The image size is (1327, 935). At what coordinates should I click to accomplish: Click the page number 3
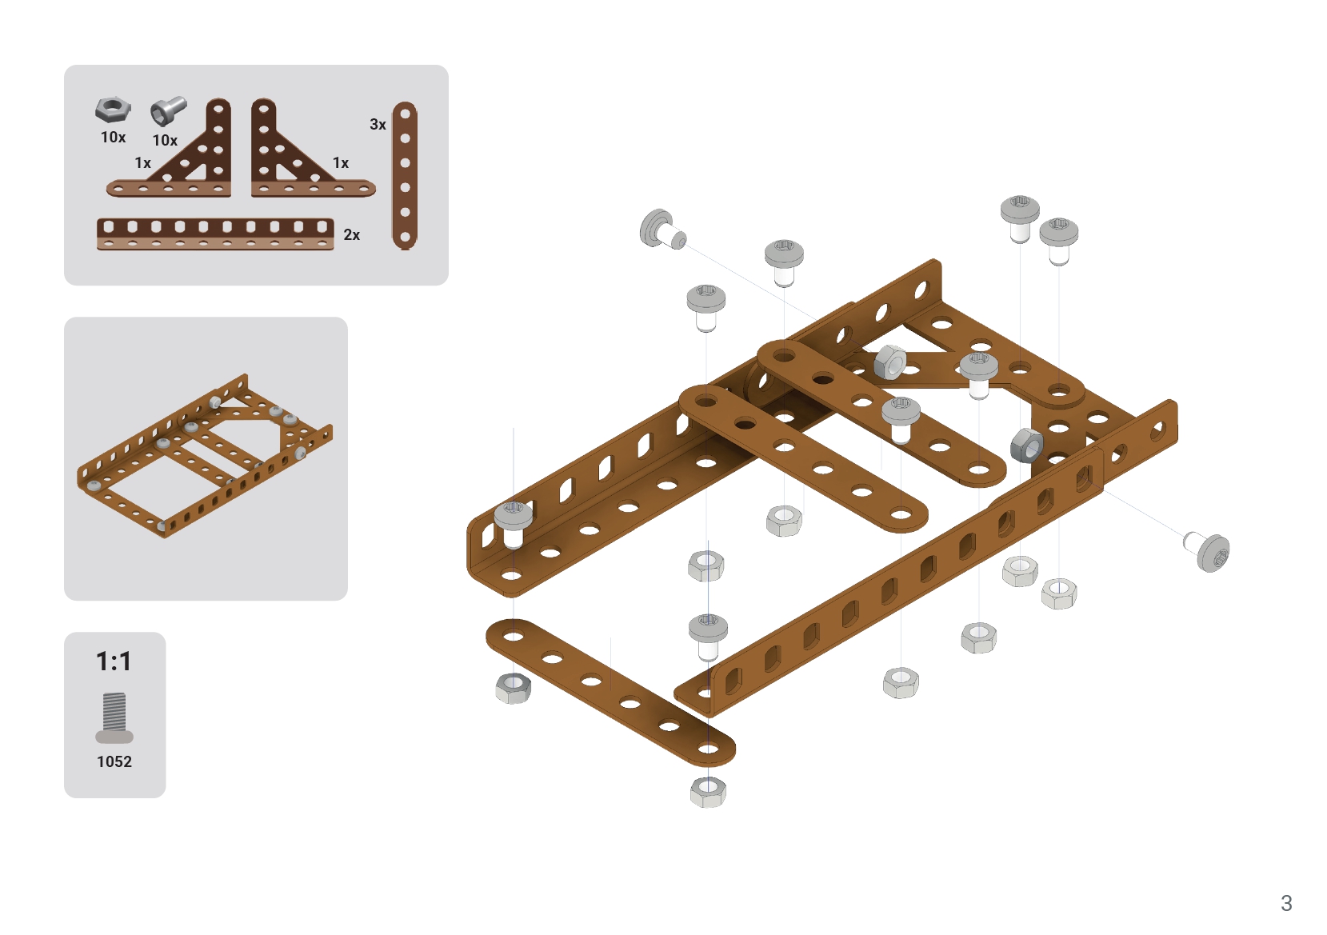click(x=1286, y=903)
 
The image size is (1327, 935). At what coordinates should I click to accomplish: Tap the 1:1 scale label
click(x=114, y=661)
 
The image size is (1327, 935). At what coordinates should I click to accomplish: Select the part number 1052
click(x=114, y=761)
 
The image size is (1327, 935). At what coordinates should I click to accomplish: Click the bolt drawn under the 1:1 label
click(x=114, y=717)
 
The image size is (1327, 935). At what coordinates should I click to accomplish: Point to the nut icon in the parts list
click(x=113, y=110)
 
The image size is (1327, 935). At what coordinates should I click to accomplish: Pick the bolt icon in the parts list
click(x=168, y=111)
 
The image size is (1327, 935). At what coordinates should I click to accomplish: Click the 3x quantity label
click(x=378, y=125)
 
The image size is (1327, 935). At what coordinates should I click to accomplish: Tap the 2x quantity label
click(x=352, y=235)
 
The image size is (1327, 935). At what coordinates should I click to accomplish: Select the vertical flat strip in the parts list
click(x=405, y=175)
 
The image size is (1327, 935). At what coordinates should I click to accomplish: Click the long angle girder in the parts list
click(x=215, y=234)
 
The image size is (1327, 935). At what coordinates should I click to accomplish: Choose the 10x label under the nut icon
click(x=113, y=138)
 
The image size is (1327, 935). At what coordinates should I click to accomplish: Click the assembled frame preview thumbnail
click(x=205, y=456)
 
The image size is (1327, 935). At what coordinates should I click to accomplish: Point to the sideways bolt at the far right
click(x=1207, y=551)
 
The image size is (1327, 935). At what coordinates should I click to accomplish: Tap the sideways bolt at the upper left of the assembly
click(x=662, y=230)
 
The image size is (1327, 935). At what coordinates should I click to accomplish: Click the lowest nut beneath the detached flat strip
click(x=708, y=792)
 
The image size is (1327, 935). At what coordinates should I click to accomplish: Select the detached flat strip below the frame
click(x=610, y=693)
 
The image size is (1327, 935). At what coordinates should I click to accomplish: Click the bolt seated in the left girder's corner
click(x=513, y=523)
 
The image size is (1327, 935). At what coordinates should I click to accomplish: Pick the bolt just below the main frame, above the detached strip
click(x=708, y=637)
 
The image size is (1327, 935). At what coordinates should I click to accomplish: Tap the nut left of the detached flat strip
click(x=513, y=689)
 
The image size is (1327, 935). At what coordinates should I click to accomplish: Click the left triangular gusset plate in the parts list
click(x=169, y=148)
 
